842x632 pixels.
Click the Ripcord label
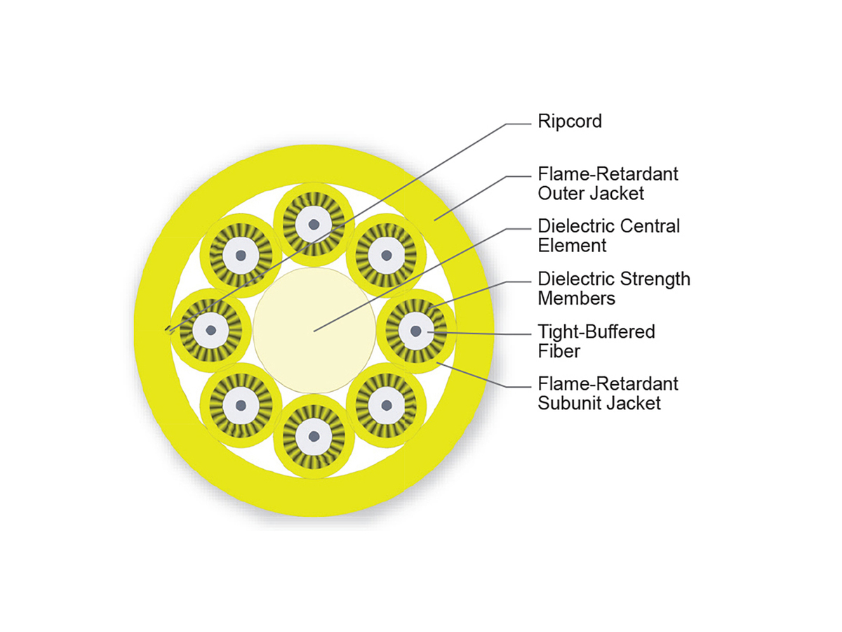(x=570, y=121)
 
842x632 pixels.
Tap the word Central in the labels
(x=649, y=227)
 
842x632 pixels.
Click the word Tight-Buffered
(x=596, y=331)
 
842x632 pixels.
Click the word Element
(x=571, y=246)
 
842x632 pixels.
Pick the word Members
(x=576, y=298)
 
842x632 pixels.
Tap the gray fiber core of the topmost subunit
(x=313, y=225)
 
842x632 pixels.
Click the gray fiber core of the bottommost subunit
(x=313, y=436)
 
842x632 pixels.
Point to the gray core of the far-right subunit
(x=416, y=330)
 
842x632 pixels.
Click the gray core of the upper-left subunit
(x=240, y=256)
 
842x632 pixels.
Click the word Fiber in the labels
(x=559, y=350)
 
